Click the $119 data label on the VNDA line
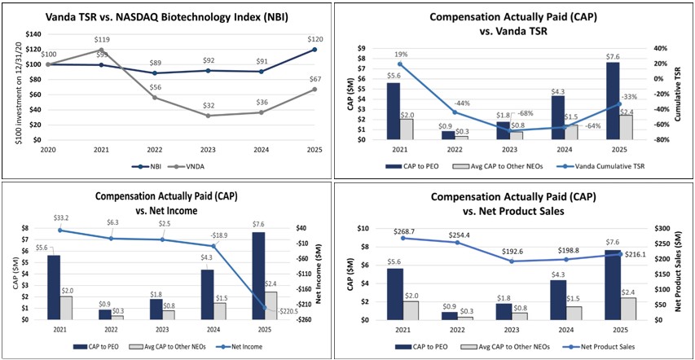103,39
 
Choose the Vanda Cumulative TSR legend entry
600,166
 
